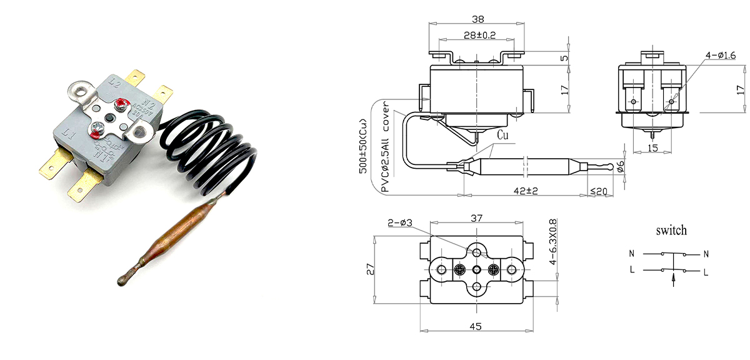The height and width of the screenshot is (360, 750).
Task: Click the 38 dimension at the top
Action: point(477,19)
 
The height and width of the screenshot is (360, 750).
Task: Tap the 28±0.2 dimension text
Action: point(480,35)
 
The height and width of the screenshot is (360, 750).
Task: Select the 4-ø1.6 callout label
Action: point(721,55)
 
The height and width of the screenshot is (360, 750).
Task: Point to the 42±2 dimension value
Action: point(526,191)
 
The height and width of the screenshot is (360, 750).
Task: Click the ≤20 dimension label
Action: point(598,191)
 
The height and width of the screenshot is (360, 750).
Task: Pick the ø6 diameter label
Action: point(621,166)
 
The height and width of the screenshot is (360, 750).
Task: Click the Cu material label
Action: point(502,135)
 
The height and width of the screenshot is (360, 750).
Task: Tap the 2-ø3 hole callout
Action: point(400,222)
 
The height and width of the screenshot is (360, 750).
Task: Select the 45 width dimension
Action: point(476,326)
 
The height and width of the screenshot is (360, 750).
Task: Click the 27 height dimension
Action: point(370,269)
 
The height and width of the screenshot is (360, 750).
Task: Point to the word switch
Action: point(671,231)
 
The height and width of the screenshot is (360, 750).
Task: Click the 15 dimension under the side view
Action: point(652,147)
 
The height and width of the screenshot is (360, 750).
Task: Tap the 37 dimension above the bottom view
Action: point(476,218)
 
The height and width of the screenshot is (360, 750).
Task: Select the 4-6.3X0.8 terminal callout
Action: point(552,241)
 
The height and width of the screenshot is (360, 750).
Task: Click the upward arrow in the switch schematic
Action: point(673,280)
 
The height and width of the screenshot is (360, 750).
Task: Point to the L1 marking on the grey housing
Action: point(69,134)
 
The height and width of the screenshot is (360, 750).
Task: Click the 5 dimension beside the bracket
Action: point(564,58)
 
